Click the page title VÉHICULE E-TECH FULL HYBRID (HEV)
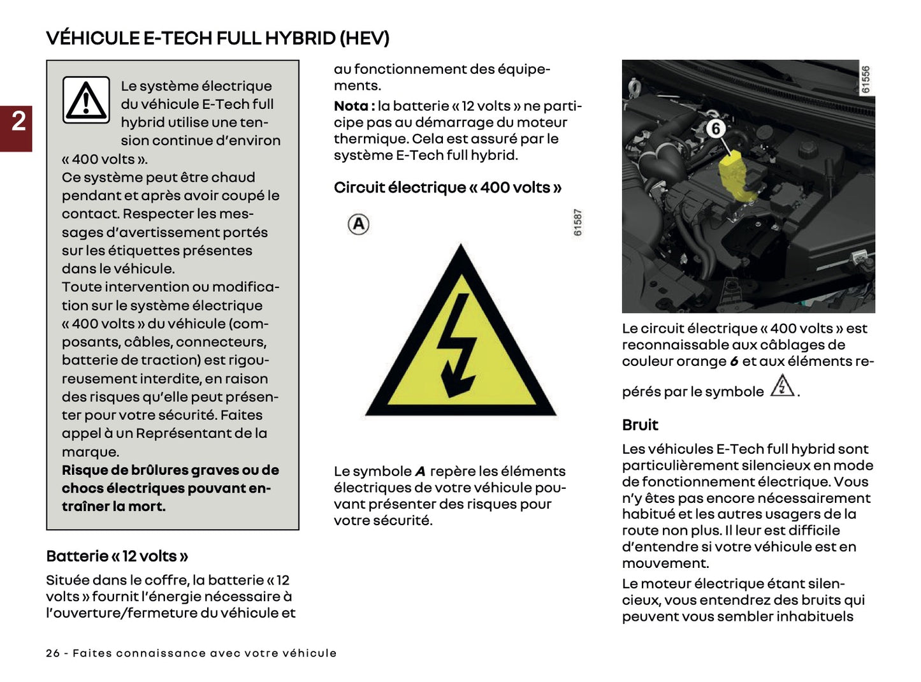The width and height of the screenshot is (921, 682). click(217, 38)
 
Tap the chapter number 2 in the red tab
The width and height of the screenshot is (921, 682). click(18, 121)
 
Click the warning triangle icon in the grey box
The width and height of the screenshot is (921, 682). click(87, 100)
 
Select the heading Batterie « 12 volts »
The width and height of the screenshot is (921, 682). click(117, 556)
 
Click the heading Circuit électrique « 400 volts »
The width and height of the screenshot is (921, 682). click(447, 187)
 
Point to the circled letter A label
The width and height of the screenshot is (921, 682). click(359, 224)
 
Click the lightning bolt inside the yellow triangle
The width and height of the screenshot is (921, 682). click(458, 344)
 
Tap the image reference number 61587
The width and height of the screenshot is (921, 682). click(577, 223)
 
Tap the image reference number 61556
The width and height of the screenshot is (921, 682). click(865, 80)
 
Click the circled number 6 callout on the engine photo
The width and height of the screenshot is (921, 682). click(716, 129)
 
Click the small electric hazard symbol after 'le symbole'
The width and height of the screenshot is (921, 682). click(782, 386)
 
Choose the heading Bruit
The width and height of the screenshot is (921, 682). click(640, 425)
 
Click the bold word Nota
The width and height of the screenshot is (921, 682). click(351, 106)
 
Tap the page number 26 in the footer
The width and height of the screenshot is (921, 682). click(52, 653)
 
